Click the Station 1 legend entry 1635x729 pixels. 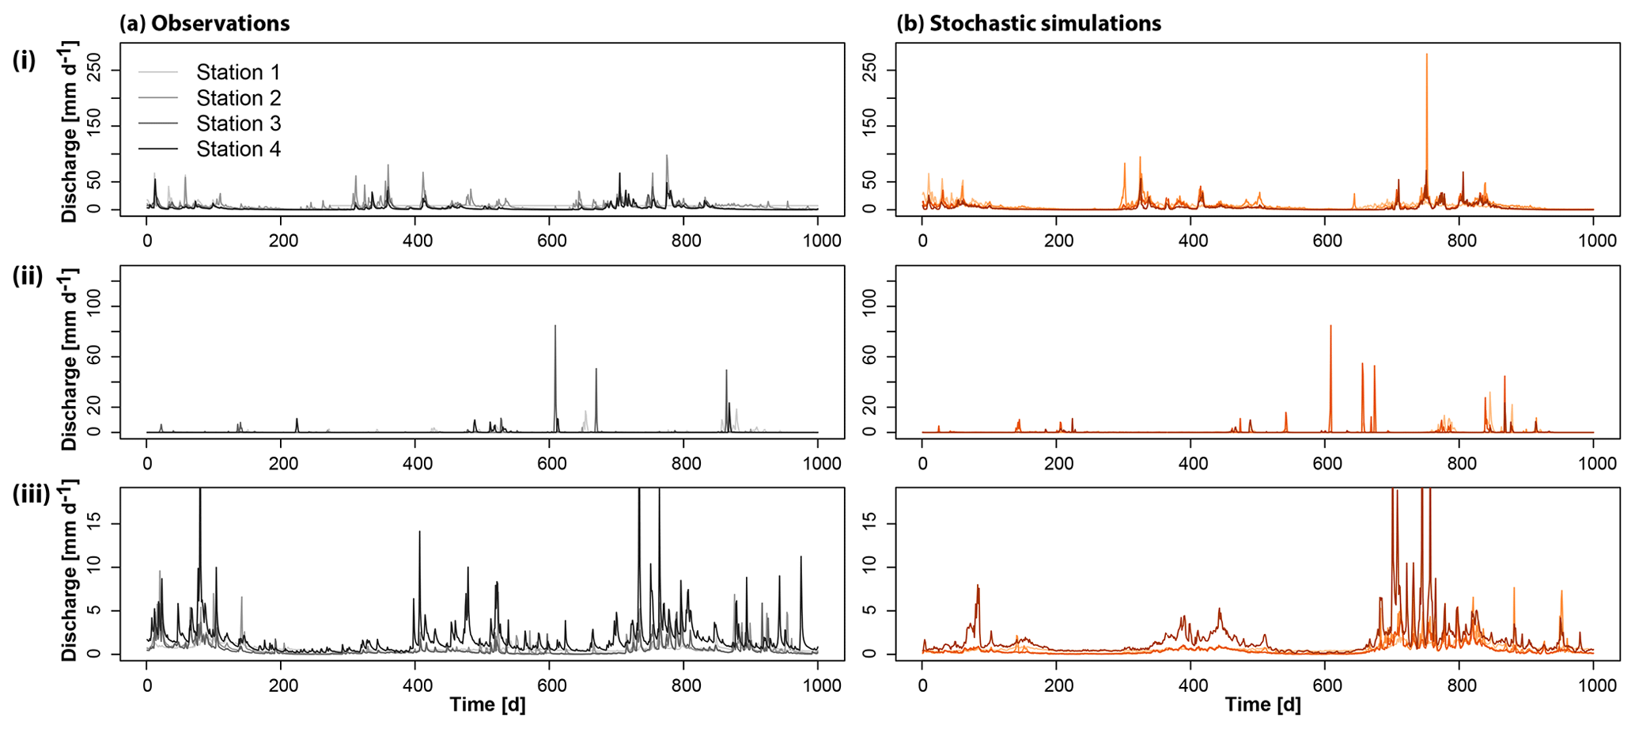pyautogui.click(x=237, y=73)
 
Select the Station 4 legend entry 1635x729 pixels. pyautogui.click(x=237, y=150)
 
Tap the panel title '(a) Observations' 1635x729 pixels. pyautogui.click(x=204, y=24)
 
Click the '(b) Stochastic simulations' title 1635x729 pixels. pyautogui.click(x=1028, y=24)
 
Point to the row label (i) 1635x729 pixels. pyautogui.click(x=24, y=60)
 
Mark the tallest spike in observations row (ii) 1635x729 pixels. pyautogui.click(x=555, y=327)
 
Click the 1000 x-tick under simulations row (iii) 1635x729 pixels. pyautogui.click(x=1592, y=685)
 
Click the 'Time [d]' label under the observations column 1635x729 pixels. pyautogui.click(x=487, y=704)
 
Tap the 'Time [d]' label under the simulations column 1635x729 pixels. pyautogui.click(x=1262, y=704)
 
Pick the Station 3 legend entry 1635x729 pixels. pyautogui.click(x=237, y=124)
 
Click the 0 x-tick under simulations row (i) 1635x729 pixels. pyautogui.click(x=922, y=241)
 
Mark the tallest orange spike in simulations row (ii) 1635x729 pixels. pyautogui.click(x=1330, y=327)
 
